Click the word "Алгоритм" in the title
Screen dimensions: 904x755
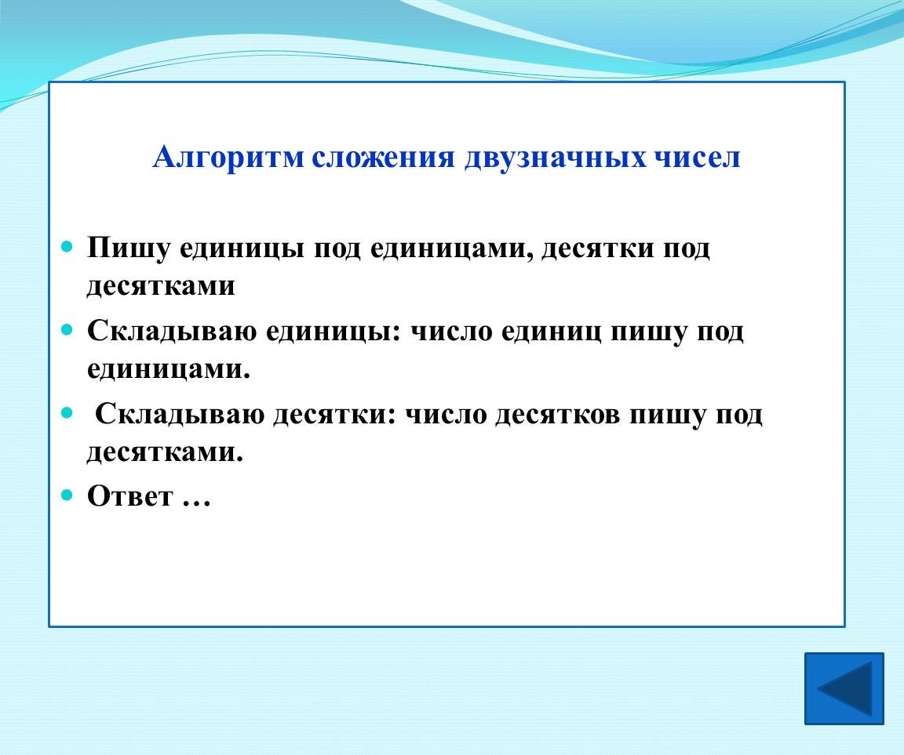coord(228,158)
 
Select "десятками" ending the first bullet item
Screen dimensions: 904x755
coord(161,285)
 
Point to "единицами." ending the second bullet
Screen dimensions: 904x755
coord(169,369)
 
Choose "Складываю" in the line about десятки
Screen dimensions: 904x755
coord(179,415)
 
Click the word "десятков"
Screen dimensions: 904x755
coord(557,416)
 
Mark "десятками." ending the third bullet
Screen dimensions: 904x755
coord(165,452)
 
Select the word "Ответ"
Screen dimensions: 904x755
coord(129,495)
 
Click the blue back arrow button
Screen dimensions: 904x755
coord(844,688)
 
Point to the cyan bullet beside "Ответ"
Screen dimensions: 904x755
coord(67,495)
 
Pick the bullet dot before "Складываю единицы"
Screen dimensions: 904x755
coord(67,330)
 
